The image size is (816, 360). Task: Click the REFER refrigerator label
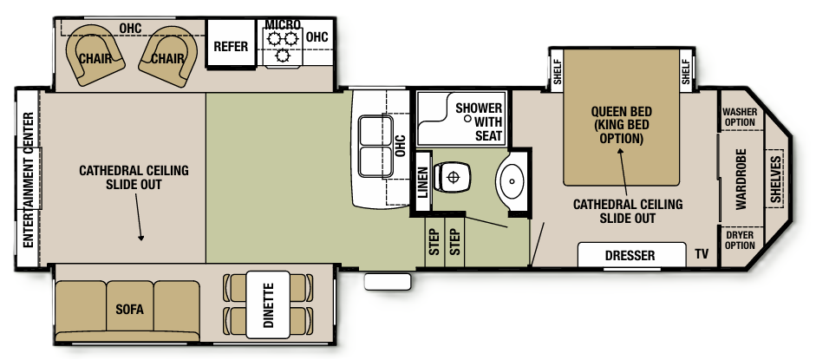[x=232, y=46]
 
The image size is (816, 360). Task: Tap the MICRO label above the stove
[x=282, y=23]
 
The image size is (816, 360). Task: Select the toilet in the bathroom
[x=451, y=178]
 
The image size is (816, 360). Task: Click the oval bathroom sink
[x=511, y=182]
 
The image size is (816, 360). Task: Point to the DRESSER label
[x=630, y=256]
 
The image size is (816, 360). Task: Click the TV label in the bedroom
[x=702, y=255]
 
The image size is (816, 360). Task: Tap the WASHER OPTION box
[x=739, y=117]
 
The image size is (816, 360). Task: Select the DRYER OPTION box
[x=739, y=239]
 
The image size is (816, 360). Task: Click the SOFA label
[x=128, y=310]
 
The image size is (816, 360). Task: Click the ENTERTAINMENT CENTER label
[x=28, y=180]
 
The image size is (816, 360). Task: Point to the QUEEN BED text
[x=621, y=112]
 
